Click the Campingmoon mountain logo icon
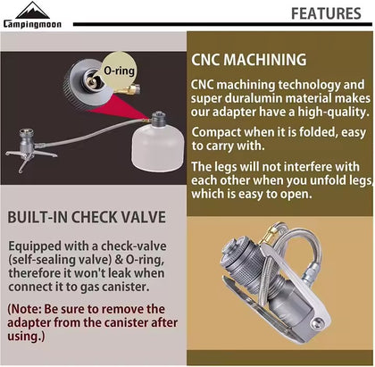coord(32,11)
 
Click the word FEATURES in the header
coord(326,13)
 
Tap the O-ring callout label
coord(119,71)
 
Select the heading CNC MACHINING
coord(249,60)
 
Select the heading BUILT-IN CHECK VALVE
coord(87,217)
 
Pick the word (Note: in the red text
coord(25,309)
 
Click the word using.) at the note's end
coord(26,337)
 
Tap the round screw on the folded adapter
coord(317,322)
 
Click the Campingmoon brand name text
coord(32,24)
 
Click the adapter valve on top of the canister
coord(158,119)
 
